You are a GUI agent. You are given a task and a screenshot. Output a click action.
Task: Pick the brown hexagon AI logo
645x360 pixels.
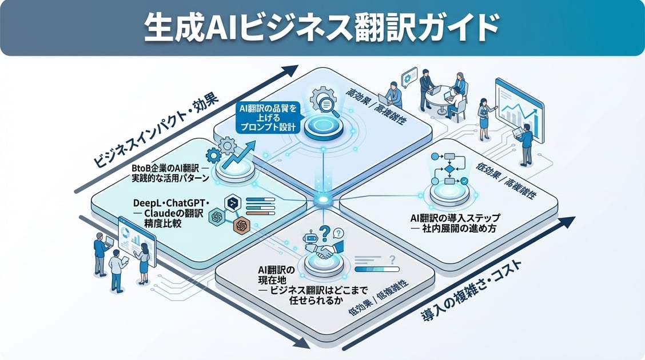click(x=242, y=226)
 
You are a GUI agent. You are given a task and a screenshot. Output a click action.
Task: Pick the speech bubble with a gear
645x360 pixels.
click(x=409, y=78)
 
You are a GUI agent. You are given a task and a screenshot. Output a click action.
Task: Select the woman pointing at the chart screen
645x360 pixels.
click(x=484, y=117)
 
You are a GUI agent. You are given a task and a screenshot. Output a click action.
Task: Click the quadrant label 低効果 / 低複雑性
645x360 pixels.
click(x=377, y=305)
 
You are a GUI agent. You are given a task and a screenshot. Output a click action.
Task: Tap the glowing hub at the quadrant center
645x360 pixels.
click(x=322, y=200)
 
